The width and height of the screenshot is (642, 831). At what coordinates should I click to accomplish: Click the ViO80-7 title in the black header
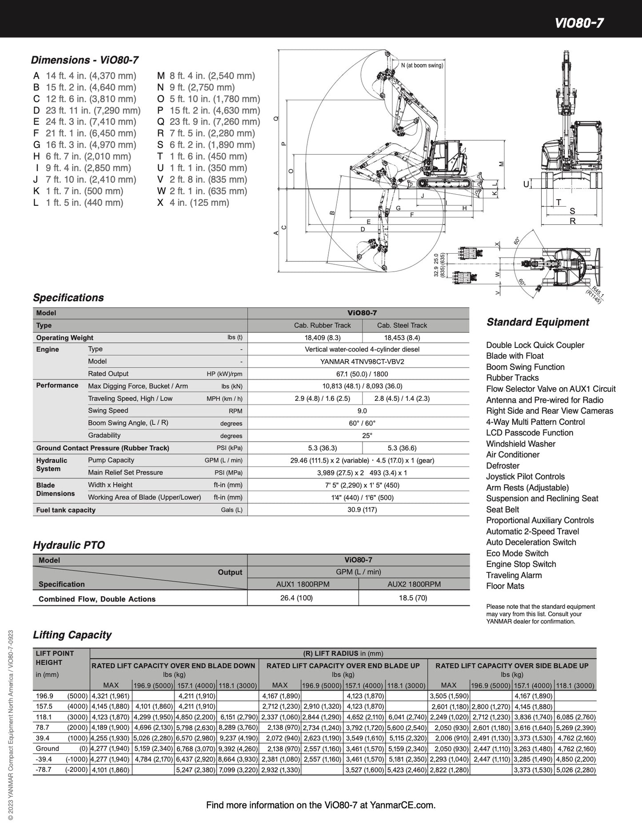579,23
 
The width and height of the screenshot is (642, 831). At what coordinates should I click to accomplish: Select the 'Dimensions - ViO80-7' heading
84,60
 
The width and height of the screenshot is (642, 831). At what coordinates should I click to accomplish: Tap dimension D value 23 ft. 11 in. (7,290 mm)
93,110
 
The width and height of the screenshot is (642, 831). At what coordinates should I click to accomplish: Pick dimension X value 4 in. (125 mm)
199,203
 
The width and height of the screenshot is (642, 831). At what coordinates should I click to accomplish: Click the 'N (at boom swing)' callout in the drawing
422,65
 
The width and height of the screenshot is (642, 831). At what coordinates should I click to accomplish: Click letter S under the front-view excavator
572,211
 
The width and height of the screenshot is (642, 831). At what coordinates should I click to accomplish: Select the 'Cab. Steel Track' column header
402,325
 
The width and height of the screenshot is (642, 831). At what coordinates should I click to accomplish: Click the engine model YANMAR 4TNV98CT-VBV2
362,362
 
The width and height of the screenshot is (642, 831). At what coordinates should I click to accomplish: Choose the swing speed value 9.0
362,411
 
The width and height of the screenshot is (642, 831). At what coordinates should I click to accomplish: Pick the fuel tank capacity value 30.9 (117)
362,510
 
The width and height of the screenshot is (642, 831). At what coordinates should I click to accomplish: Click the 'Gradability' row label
104,435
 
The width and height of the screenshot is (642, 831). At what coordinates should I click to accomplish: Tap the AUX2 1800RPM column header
414,584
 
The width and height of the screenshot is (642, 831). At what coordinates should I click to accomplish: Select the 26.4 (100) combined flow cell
296,598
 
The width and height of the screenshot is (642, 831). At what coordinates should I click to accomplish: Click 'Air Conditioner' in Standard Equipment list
513,455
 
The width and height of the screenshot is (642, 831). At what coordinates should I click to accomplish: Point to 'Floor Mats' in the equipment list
505,586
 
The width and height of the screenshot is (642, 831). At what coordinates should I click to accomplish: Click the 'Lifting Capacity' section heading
72,635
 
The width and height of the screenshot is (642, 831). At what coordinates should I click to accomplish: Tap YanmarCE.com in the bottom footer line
403,805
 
